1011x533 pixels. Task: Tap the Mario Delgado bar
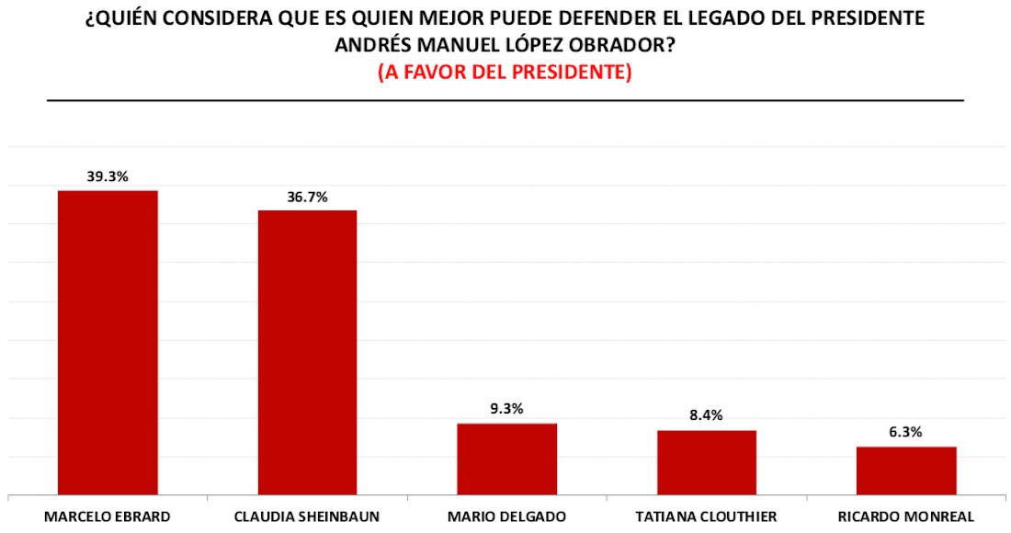[506, 459]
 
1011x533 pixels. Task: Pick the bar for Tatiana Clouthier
[706, 462]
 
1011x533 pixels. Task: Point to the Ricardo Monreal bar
[906, 471]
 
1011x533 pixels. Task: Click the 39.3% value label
[108, 176]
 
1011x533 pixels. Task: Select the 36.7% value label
[307, 197]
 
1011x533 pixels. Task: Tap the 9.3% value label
[506, 409]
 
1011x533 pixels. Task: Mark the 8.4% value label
[706, 415]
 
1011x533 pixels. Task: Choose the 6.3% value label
[906, 432]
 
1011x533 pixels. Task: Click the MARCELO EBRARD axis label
[108, 516]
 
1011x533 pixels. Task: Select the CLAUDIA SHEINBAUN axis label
[307, 516]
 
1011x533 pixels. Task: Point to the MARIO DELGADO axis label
[506, 516]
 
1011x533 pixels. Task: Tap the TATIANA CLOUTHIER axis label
[706, 516]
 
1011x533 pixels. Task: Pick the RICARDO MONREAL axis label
[906, 516]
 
